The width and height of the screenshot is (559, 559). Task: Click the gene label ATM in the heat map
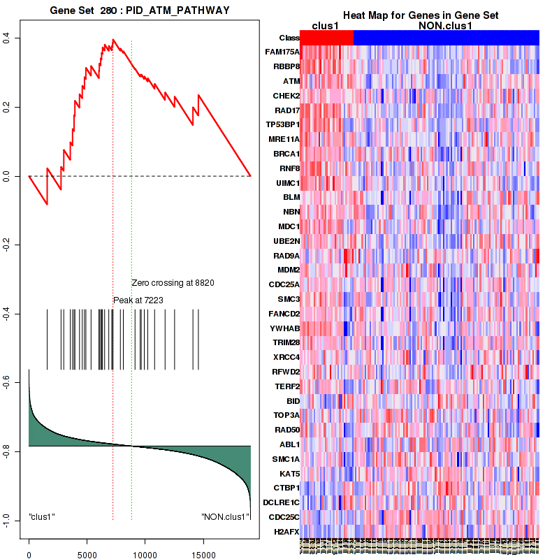point(291,81)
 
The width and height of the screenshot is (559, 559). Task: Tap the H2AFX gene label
point(286,532)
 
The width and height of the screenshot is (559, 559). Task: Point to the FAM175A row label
point(282,52)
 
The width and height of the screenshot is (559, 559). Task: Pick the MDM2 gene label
point(288,270)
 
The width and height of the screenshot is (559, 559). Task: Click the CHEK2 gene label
point(286,96)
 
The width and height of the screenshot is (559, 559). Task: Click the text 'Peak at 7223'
point(138,300)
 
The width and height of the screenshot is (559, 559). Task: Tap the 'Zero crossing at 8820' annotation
point(173,283)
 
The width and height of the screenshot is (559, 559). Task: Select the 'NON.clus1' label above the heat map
point(445,26)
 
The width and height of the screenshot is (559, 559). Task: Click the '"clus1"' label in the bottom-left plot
point(42,517)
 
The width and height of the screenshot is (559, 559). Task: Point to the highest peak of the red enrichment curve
point(112,39)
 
